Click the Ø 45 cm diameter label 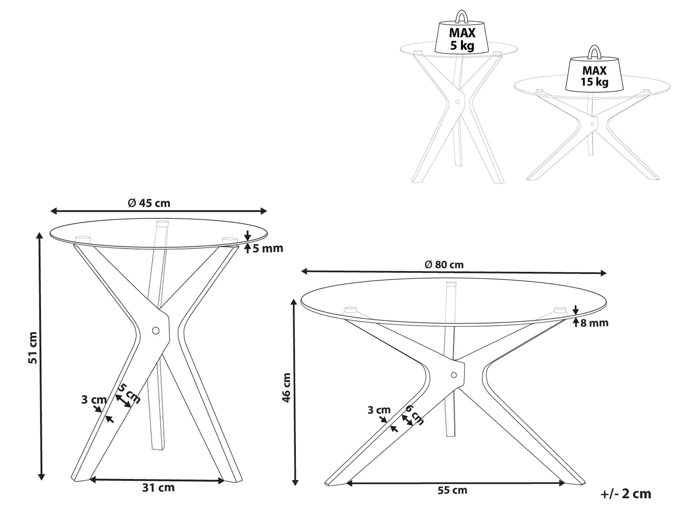(149, 203)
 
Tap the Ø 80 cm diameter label (444, 264)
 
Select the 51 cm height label (33, 347)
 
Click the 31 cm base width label (158, 488)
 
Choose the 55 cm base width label (452, 490)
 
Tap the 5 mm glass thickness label (268, 248)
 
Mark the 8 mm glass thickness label (594, 323)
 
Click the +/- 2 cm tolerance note (626, 494)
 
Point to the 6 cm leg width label (414, 414)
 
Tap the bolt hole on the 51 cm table (156, 331)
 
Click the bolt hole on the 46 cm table (454, 375)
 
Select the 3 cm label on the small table (94, 400)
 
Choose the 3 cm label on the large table (379, 410)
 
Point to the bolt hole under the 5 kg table (457, 102)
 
